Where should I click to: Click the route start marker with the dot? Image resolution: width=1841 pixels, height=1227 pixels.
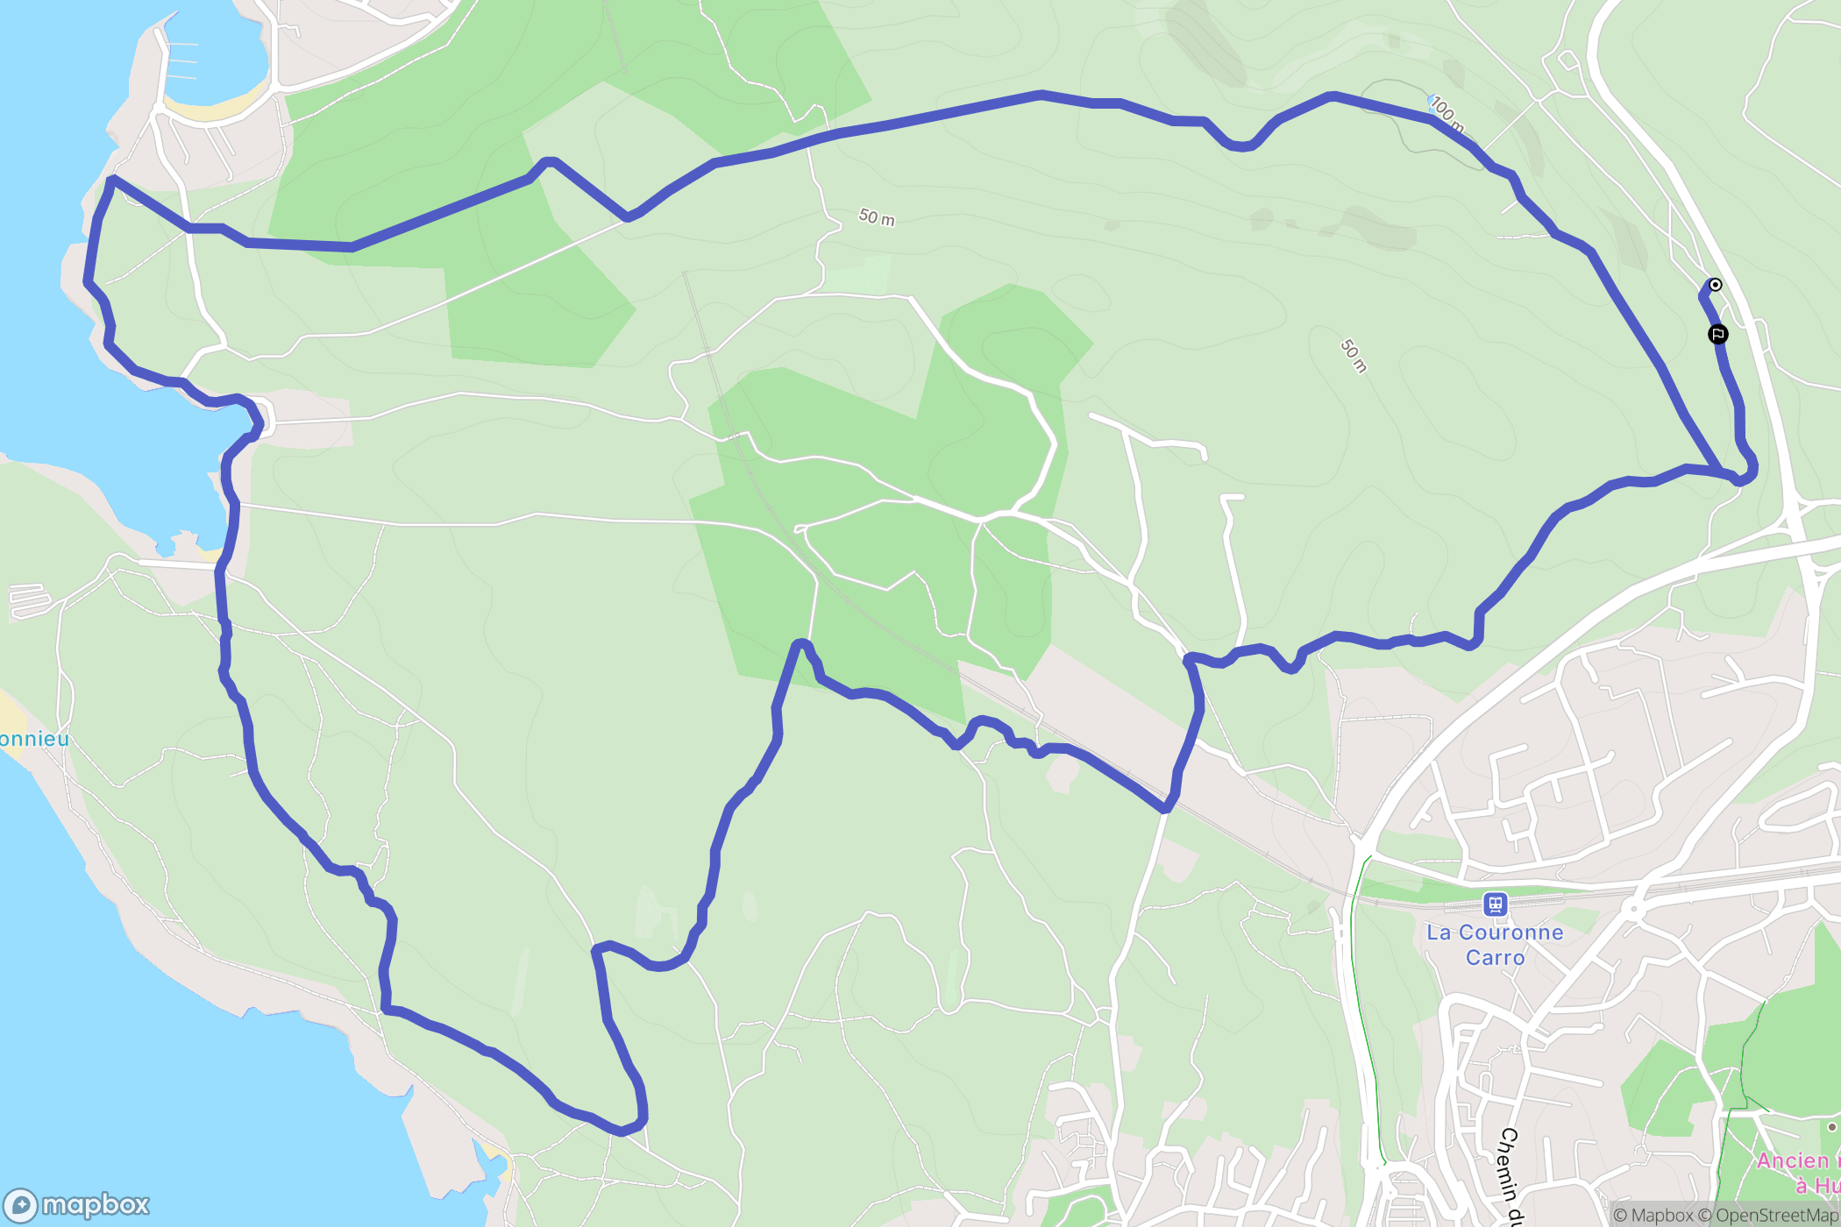pyautogui.click(x=1715, y=285)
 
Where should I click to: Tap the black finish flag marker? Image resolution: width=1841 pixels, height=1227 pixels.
pyautogui.click(x=1718, y=334)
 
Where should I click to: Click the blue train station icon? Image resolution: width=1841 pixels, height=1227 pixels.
pyautogui.click(x=1495, y=904)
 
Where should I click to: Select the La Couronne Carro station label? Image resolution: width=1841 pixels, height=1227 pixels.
pyautogui.click(x=1495, y=945)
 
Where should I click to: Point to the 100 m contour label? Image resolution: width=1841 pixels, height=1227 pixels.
pyautogui.click(x=1447, y=115)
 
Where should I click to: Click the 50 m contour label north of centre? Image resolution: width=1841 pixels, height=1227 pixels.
pyautogui.click(x=877, y=216)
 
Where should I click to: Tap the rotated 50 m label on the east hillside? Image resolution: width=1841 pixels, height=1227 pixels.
pyautogui.click(x=1354, y=355)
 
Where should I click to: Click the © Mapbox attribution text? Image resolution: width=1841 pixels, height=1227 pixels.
pyautogui.click(x=1653, y=1215)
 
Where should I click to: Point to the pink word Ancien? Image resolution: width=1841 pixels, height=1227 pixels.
pyautogui.click(x=1793, y=1160)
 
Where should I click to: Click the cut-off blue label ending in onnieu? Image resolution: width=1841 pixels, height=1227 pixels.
pyautogui.click(x=33, y=739)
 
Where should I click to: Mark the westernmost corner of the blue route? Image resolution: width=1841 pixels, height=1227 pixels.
pyautogui.click(x=87, y=280)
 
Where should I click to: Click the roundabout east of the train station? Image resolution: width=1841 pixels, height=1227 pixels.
pyautogui.click(x=1632, y=909)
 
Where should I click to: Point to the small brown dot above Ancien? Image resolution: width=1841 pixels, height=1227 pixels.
pyautogui.click(x=1831, y=1127)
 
